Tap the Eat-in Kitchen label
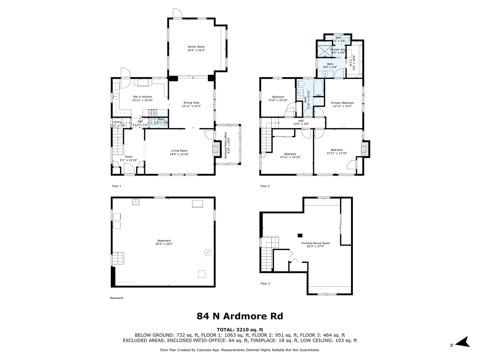(x=142, y=97)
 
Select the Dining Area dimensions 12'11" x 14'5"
(x=191, y=106)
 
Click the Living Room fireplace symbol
(x=216, y=150)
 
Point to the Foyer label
(x=128, y=157)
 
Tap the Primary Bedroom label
(x=342, y=103)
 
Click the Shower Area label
(x=338, y=50)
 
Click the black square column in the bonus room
(x=300, y=235)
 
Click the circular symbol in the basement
(x=207, y=252)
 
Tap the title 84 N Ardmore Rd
(x=240, y=316)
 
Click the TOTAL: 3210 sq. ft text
(x=240, y=330)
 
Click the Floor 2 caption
(x=265, y=186)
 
